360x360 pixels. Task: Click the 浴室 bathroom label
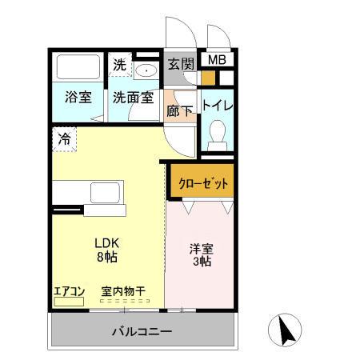[78, 98]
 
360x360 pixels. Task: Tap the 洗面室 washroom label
[132, 98]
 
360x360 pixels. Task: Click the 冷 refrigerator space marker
[63, 138]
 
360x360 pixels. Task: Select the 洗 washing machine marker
[119, 65]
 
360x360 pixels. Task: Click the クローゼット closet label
[200, 182]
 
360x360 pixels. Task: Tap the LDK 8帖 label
[106, 250]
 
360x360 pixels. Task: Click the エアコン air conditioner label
[69, 292]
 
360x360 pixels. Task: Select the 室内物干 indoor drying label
[122, 292]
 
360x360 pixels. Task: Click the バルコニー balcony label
[142, 330]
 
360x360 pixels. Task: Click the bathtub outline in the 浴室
[78, 66]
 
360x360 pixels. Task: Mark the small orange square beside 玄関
[208, 78]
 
